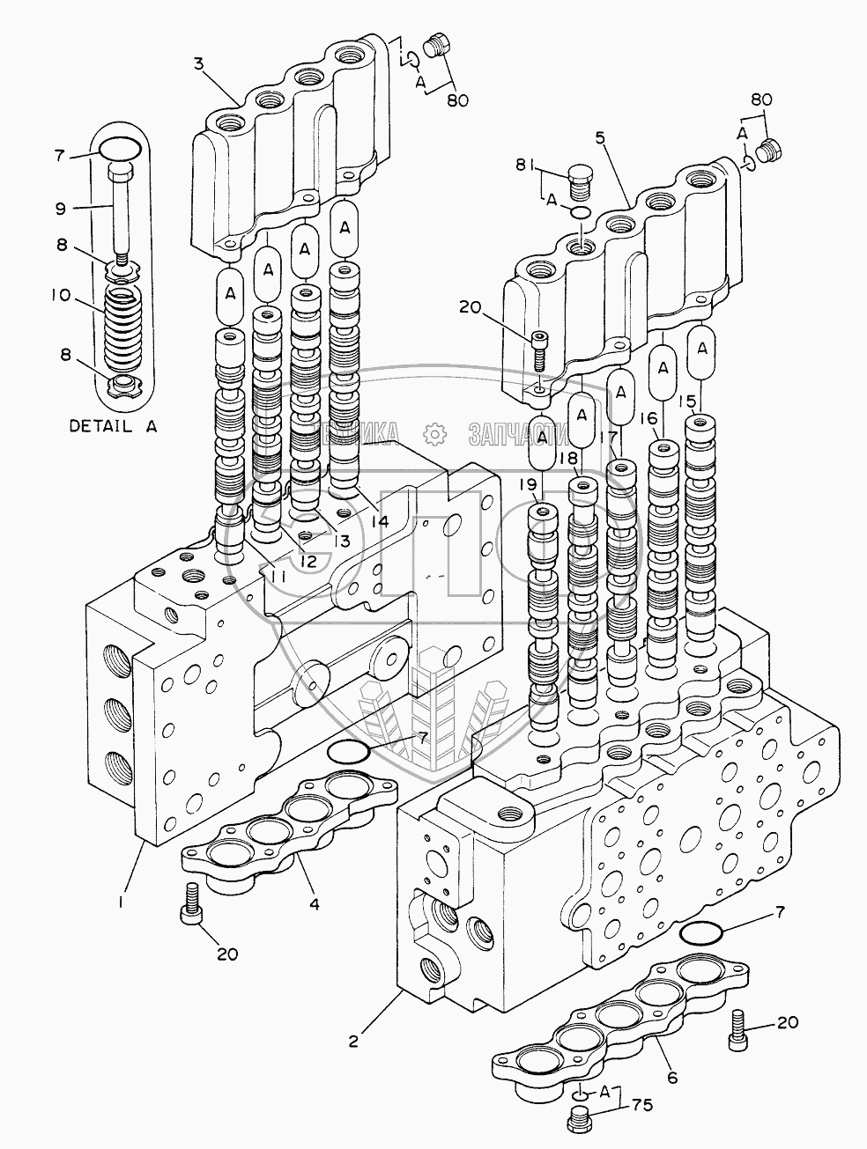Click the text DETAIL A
(x=113, y=426)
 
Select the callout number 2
(x=354, y=1041)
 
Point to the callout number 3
(x=199, y=63)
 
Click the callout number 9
(x=61, y=207)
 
